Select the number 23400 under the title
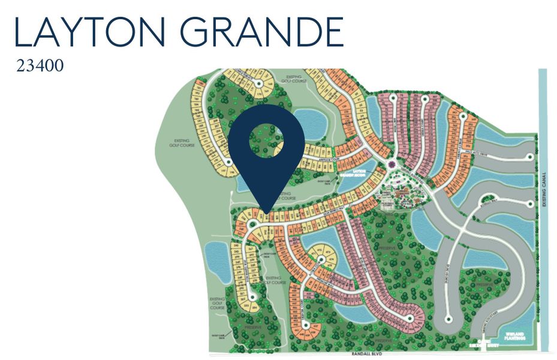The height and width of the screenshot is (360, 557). click(40, 65)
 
